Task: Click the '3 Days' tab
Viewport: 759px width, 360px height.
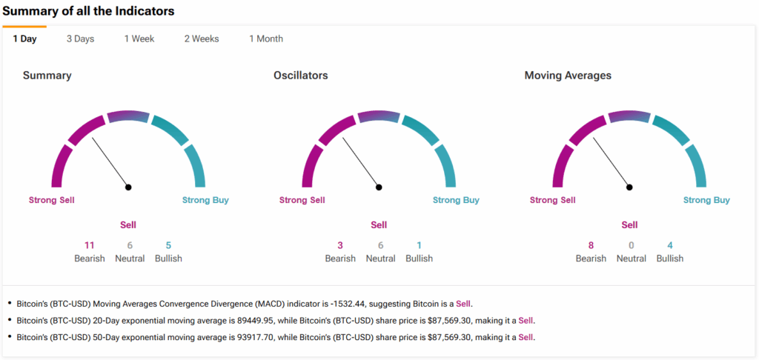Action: click(80, 39)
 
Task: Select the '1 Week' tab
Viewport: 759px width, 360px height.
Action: click(139, 39)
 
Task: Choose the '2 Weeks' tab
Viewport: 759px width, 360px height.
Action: click(202, 39)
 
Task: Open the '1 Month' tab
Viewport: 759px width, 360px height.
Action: click(265, 39)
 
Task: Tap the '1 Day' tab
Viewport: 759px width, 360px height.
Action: click(24, 39)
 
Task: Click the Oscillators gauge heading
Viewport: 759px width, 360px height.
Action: click(300, 76)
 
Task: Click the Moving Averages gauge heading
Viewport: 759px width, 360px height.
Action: click(568, 76)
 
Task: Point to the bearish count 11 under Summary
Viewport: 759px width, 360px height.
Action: click(90, 245)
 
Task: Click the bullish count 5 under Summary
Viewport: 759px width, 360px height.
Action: click(168, 245)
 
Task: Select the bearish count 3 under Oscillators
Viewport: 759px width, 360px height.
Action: click(340, 245)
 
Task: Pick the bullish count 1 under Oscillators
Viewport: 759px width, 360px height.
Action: click(419, 245)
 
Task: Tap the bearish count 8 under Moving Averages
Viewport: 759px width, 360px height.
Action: click(591, 245)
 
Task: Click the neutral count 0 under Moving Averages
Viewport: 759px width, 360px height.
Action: click(632, 245)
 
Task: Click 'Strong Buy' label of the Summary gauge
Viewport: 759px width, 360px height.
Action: click(205, 200)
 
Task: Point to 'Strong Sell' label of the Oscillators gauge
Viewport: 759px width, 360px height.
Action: click(302, 200)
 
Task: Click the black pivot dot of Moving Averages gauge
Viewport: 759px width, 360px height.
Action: click(629, 187)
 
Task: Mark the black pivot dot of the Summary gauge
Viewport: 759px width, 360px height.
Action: click(128, 187)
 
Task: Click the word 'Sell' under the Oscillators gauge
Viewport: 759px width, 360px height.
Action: click(379, 224)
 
